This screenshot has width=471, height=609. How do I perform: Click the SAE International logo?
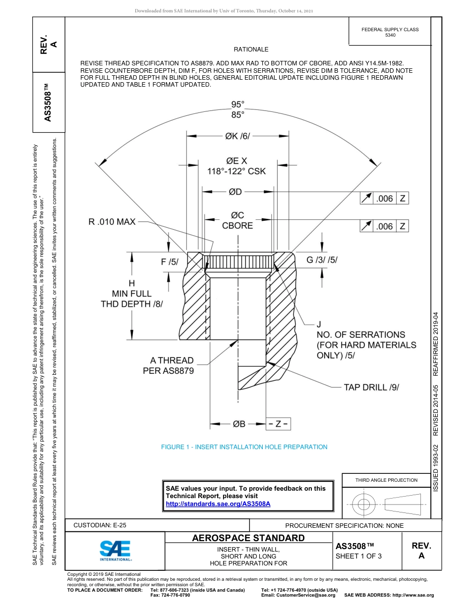[116, 550]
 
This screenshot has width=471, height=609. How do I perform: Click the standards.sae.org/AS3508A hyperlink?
[218, 504]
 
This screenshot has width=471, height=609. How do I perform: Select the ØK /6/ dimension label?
[238, 136]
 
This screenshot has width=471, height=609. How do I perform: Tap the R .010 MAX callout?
[112, 222]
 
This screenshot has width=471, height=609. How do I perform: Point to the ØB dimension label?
[239, 424]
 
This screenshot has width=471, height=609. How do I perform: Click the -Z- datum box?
[278, 424]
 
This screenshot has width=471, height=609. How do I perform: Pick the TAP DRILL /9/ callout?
[371, 387]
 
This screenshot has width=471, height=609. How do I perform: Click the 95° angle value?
[238, 104]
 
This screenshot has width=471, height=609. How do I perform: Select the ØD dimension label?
[235, 192]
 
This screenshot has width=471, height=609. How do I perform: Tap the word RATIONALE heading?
[251, 50]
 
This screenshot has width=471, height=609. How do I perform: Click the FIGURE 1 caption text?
[244, 447]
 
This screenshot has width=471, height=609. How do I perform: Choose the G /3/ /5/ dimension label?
[322, 260]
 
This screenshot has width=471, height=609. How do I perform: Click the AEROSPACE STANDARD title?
[248, 538]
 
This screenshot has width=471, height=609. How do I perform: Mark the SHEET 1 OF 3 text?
[358, 556]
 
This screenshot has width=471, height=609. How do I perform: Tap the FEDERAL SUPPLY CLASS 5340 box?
[390, 32]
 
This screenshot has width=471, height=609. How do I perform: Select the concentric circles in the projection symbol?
[364, 505]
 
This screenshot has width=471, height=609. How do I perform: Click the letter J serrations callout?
[320, 325]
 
